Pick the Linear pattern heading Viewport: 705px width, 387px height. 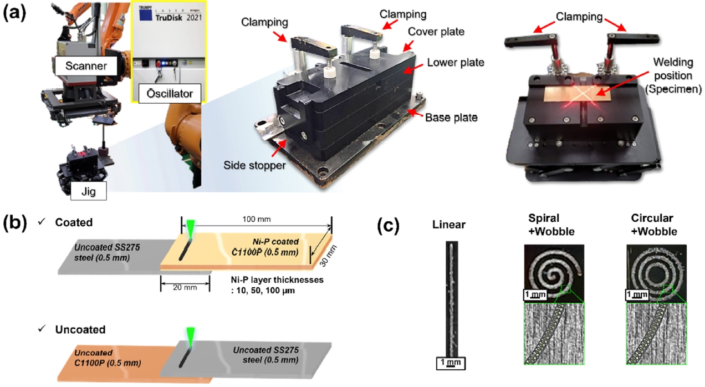click(449, 226)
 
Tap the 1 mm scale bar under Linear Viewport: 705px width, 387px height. click(449, 363)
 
